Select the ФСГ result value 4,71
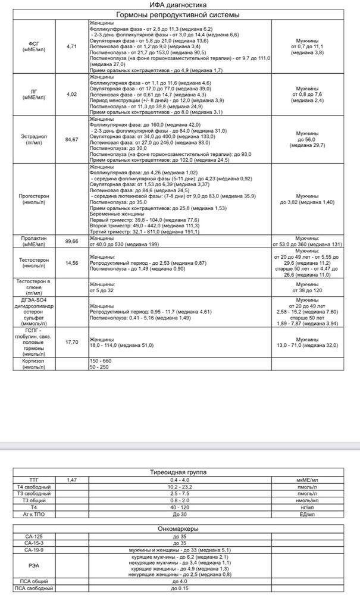coord(73,46)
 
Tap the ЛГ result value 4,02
coord(73,94)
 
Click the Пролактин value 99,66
coord(73,241)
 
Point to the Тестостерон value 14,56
coord(73,262)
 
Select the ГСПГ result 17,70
coord(73,342)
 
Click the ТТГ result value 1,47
coord(72,479)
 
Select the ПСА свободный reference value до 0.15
coord(179,588)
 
